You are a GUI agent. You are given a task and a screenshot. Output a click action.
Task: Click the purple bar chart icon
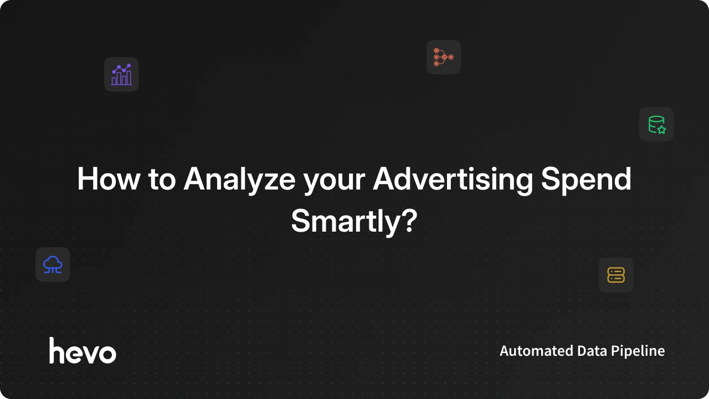point(121,74)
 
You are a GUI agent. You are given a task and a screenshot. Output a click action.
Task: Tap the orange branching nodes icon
point(444,57)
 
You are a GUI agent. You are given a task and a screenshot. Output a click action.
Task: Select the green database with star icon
point(656,124)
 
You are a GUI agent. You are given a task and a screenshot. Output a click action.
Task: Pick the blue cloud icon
point(53,264)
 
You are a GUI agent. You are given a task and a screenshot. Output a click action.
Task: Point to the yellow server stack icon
point(616,275)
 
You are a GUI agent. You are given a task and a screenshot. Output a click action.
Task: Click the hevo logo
point(83,351)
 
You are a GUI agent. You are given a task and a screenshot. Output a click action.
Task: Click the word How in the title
point(109,179)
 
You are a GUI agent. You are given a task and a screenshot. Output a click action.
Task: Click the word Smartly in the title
point(344,221)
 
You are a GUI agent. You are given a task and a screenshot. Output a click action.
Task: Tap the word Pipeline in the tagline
point(638,351)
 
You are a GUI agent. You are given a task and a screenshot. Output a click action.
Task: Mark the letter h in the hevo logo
point(57,351)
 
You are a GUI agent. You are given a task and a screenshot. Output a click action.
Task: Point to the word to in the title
point(161,180)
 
